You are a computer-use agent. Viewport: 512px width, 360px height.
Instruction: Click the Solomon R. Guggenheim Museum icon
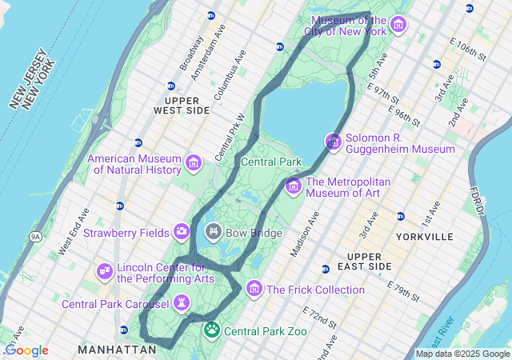coord(334,142)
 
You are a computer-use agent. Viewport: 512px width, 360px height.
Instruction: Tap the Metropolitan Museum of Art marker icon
coord(293,186)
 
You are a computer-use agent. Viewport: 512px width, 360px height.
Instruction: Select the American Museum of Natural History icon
coord(193,164)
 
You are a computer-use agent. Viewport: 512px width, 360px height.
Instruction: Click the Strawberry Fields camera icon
coord(182,233)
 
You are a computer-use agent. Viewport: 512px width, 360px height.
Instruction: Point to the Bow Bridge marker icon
coord(214,233)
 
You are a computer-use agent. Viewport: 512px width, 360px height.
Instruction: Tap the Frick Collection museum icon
coord(254,288)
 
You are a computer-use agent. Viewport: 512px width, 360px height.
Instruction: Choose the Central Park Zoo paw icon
coord(212,330)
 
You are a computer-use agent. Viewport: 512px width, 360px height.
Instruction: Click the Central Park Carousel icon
coord(182,304)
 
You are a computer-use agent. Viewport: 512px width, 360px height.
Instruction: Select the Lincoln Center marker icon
coord(105,272)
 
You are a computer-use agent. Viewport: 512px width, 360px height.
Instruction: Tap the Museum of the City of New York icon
coord(398,26)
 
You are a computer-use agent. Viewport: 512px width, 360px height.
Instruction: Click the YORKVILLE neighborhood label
coord(425,237)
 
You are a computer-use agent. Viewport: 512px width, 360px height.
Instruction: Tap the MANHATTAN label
coord(117,350)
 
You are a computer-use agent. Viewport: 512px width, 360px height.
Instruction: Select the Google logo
coord(26,350)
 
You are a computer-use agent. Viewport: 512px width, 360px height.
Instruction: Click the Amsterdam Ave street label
coord(213,50)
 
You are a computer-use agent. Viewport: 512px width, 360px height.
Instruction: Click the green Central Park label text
coord(271,162)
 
